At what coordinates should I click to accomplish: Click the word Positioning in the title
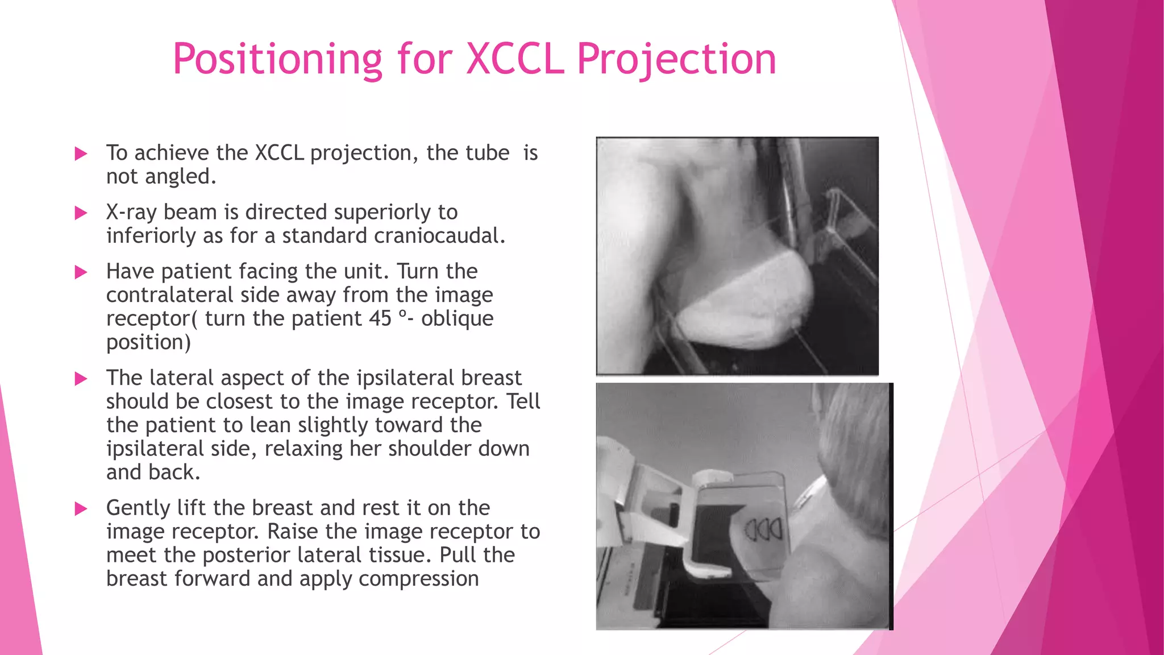pyautogui.click(x=277, y=59)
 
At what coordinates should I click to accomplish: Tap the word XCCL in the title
pyautogui.click(x=515, y=59)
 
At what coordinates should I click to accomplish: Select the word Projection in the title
pyautogui.click(x=676, y=59)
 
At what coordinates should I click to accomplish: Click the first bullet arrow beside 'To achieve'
pyautogui.click(x=81, y=154)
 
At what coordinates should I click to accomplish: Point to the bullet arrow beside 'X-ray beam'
pyautogui.click(x=81, y=213)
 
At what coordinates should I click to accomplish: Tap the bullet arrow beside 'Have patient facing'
pyautogui.click(x=81, y=272)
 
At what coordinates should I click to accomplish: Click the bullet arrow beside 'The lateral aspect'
pyautogui.click(x=81, y=379)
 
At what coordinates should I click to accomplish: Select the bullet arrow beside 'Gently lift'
pyautogui.click(x=81, y=509)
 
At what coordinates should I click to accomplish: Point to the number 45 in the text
pyautogui.click(x=380, y=318)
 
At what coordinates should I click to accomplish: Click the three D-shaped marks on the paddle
pyautogui.click(x=763, y=530)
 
